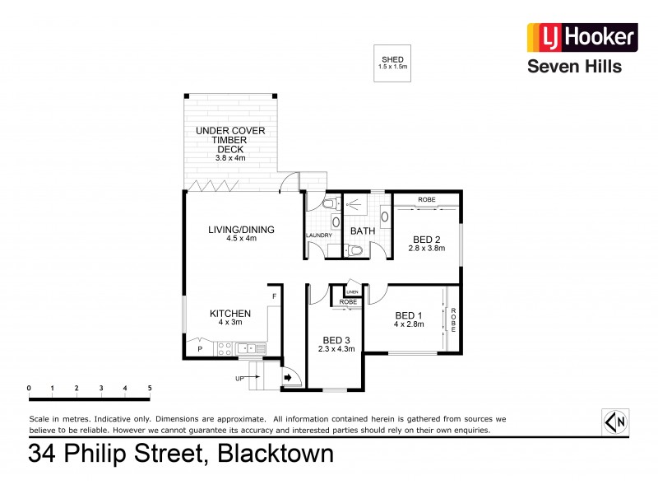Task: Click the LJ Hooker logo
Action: click(x=581, y=37)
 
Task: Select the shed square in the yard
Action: click(x=392, y=63)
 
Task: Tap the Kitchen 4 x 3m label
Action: click(x=229, y=317)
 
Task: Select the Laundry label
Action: click(x=319, y=235)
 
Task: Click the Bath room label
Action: click(x=363, y=231)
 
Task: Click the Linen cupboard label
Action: click(x=352, y=292)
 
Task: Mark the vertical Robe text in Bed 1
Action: click(x=452, y=319)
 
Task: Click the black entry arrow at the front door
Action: click(x=289, y=379)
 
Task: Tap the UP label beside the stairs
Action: click(x=240, y=379)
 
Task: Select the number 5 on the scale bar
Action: click(x=150, y=388)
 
